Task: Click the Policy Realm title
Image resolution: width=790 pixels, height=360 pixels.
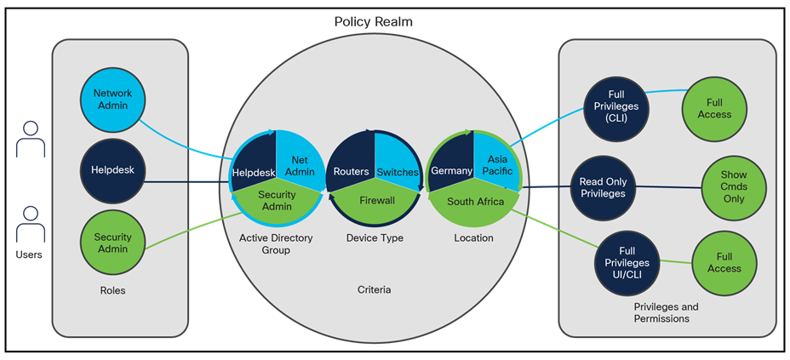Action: pos(374,20)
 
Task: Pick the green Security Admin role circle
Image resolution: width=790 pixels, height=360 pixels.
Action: pos(113,243)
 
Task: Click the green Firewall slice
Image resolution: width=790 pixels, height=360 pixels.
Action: pos(375,202)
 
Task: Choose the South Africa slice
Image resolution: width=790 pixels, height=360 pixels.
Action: pos(475,203)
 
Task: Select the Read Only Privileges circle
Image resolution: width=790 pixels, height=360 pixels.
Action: pos(603,187)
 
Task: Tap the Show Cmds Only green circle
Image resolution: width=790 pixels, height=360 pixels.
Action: pos(733,187)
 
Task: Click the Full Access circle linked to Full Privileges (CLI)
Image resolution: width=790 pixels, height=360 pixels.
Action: pos(713,108)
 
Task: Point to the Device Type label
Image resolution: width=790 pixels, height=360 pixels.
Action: pos(375,238)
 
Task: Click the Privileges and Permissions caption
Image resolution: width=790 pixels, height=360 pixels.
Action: pos(667,311)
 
